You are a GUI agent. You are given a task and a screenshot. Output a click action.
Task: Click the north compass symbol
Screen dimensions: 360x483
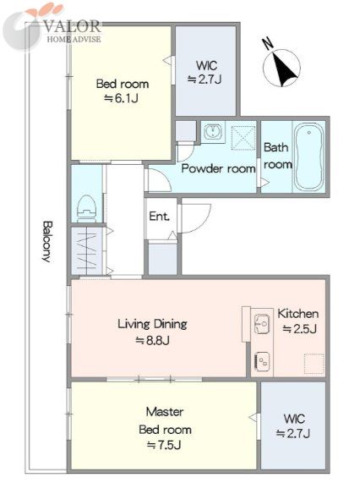281,68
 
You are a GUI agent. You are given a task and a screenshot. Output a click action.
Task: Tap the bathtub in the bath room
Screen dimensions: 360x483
308,157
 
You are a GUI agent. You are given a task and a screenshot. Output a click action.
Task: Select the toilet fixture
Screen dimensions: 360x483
87,209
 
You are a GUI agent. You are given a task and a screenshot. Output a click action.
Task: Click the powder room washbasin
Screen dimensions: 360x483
212,132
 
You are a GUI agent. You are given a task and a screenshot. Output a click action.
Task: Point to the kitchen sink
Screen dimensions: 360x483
262,324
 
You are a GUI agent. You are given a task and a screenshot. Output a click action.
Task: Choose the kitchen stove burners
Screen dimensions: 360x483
262,362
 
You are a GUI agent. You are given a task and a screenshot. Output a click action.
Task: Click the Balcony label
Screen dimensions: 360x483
46,241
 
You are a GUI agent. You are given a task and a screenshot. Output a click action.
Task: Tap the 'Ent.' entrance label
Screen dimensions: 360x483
159,217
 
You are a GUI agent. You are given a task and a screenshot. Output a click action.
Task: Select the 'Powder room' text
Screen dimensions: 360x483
218,168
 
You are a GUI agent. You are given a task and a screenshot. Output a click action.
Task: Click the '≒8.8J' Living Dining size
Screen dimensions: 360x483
152,340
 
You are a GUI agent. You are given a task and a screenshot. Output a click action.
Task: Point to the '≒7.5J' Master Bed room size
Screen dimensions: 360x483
164,445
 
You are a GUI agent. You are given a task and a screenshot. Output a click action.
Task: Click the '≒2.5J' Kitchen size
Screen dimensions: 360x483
299,329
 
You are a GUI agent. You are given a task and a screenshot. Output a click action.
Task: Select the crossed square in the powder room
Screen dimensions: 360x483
243,138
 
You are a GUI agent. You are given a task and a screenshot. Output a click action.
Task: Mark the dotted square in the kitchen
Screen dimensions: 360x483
314,364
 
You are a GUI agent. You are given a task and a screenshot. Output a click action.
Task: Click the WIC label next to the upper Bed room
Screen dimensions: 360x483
206,66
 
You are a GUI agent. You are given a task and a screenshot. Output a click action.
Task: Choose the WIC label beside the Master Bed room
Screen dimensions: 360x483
294,419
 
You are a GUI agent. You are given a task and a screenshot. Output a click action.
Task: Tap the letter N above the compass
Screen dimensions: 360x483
268,43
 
